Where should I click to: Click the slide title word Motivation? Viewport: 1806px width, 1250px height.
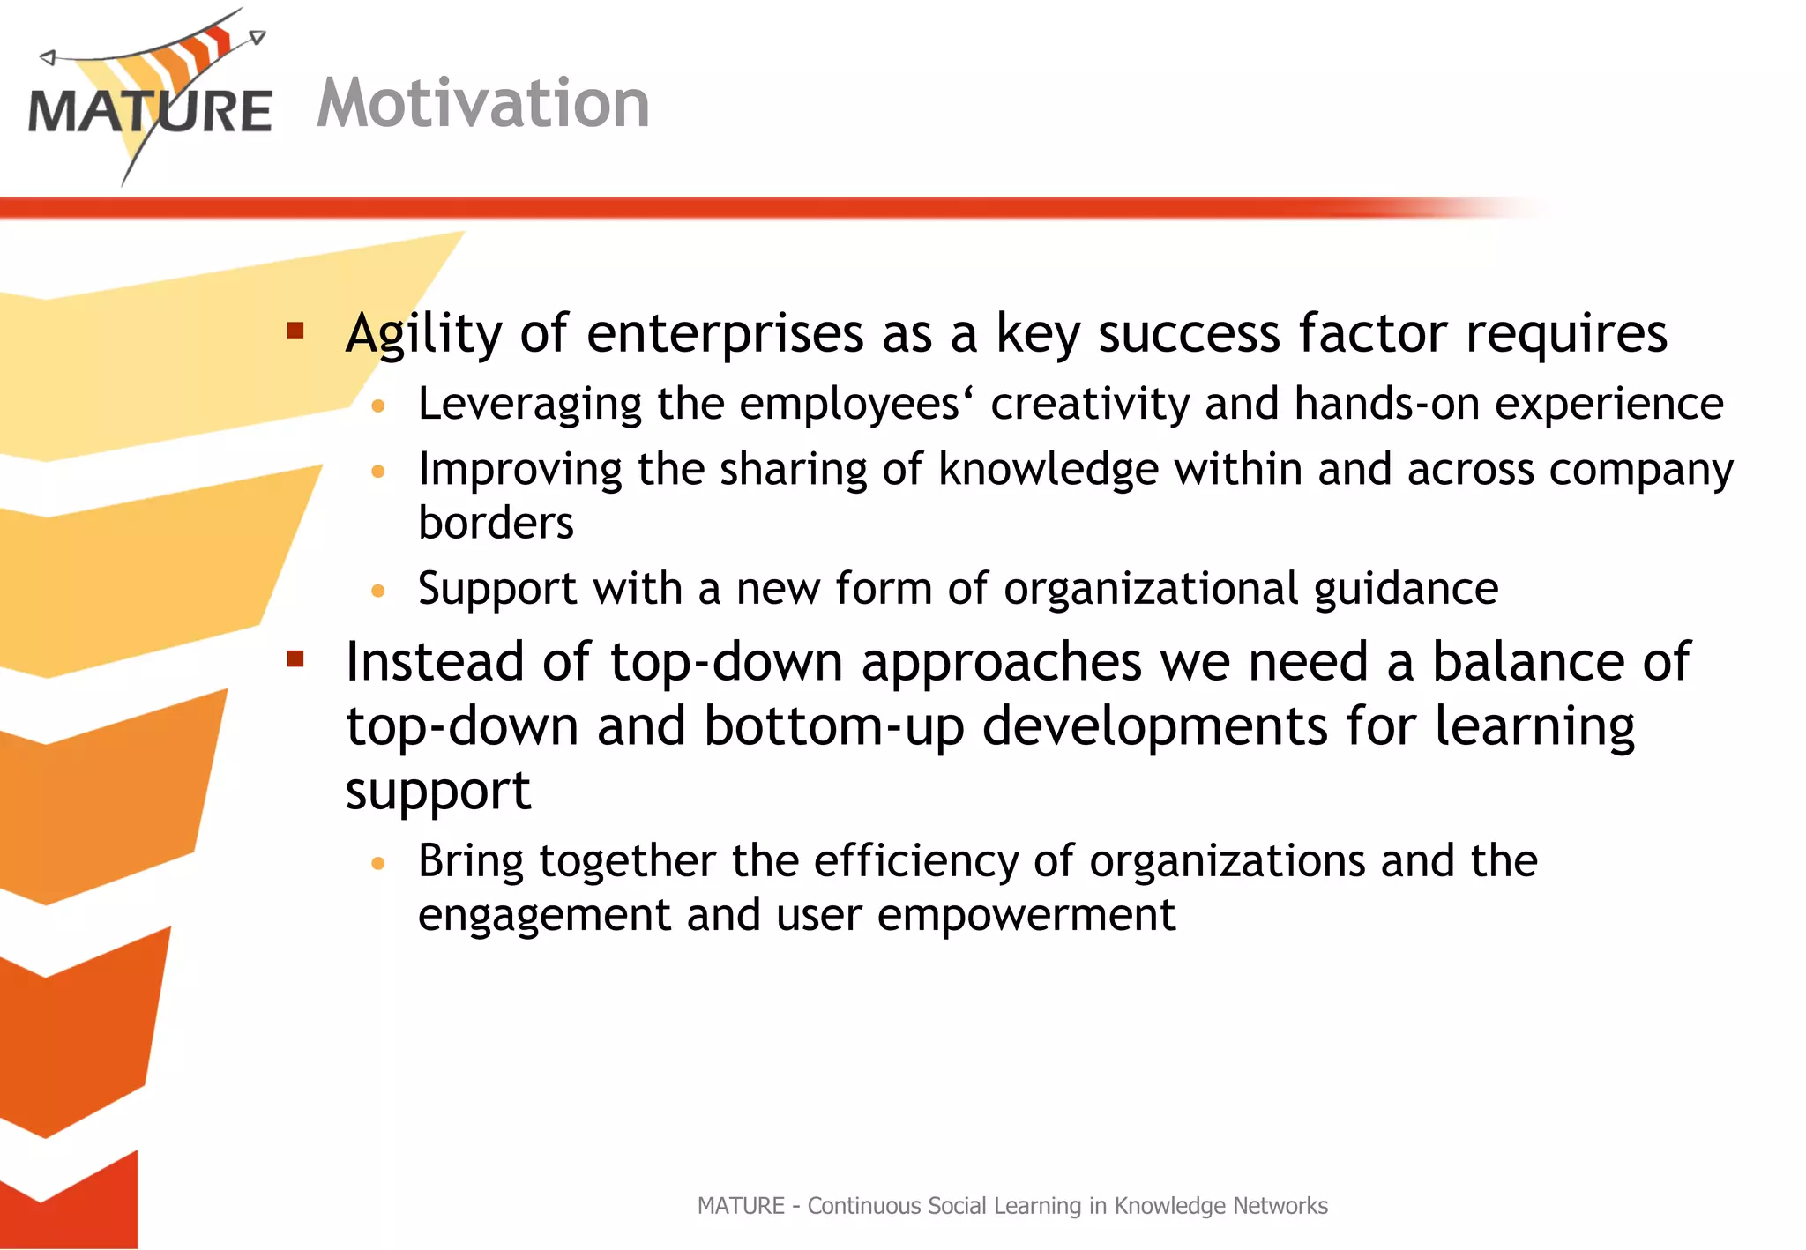[483, 104]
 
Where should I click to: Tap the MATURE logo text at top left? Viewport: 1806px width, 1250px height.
[150, 112]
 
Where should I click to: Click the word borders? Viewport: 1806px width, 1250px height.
[496, 524]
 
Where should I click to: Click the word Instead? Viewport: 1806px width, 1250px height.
[435, 662]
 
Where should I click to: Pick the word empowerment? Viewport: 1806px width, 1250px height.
[1026, 916]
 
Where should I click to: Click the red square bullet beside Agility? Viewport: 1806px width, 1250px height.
[295, 331]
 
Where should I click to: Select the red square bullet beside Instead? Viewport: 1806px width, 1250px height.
[295, 658]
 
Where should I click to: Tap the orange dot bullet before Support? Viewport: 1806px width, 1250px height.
[378, 591]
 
